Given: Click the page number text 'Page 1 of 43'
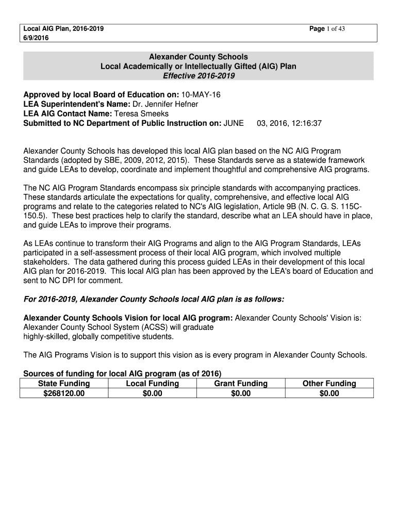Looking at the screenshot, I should point(327,29).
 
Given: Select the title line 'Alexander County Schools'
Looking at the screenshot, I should point(198,57).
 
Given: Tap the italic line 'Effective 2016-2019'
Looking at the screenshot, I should point(198,76).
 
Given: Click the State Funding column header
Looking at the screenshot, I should point(64,383).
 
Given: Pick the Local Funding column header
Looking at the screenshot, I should point(152,383).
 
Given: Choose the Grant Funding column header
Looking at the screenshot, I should point(241,383).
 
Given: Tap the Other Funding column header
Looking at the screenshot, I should point(329,383).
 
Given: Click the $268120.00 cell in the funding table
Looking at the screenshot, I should point(64,393).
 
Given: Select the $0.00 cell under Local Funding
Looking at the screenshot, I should point(152,393).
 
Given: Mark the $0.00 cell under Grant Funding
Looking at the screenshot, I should point(241,393).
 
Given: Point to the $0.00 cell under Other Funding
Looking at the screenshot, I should point(329,393).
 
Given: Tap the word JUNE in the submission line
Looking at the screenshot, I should point(234,123).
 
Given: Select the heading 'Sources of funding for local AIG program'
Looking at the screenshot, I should point(122,373).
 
